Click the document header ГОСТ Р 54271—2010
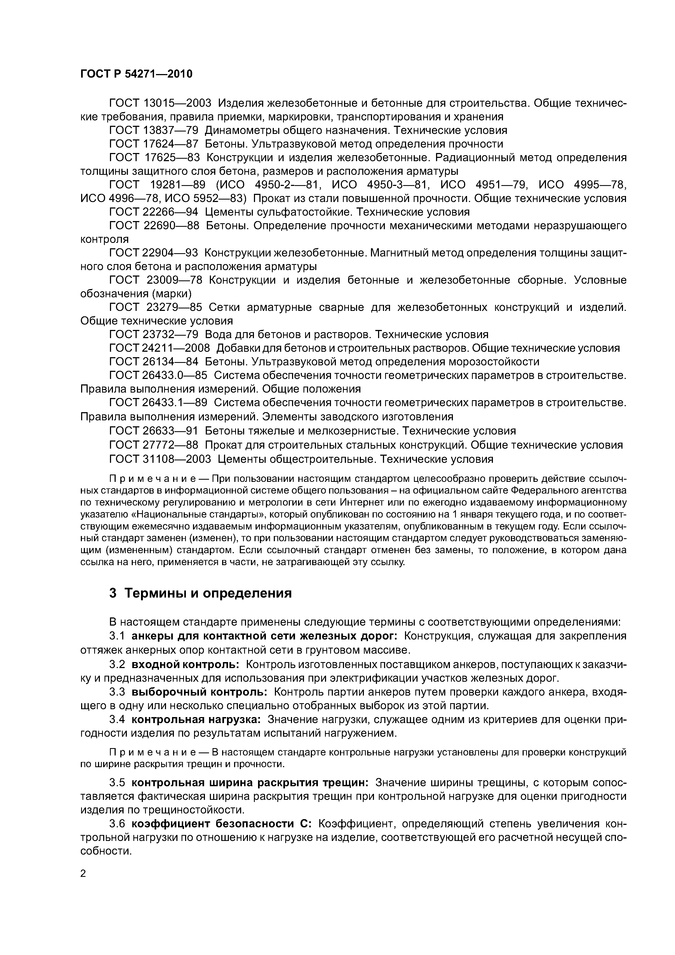click(x=136, y=74)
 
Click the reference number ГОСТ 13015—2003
click(x=160, y=103)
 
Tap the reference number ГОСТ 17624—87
click(x=154, y=144)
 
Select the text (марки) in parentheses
click(x=172, y=294)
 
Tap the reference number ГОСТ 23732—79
click(x=154, y=334)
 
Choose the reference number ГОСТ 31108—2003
click(x=160, y=459)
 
